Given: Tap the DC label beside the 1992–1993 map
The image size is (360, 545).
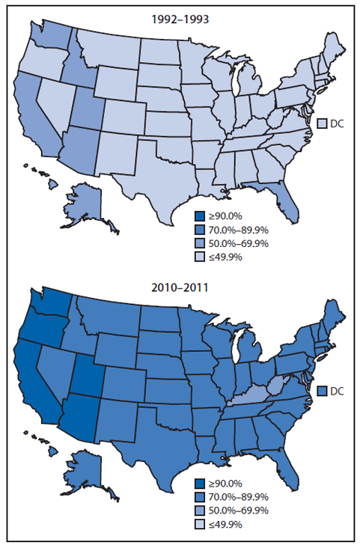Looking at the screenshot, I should tap(337, 123).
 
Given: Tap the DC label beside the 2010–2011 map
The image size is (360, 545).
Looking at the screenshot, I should tap(337, 391).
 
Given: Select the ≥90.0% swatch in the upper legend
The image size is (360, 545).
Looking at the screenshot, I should tap(201, 217).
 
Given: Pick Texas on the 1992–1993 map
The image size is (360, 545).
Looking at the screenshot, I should tap(150, 169).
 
